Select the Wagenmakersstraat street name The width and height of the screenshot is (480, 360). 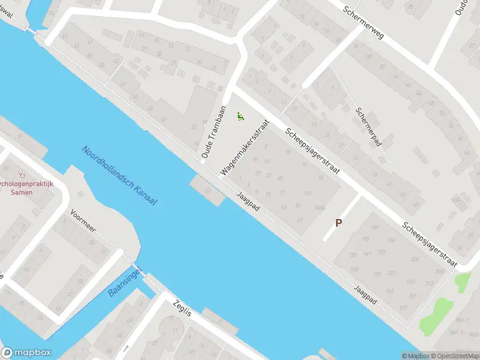tap(244, 147)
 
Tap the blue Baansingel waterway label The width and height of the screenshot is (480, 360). tap(124, 283)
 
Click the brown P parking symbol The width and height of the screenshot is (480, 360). tap(338, 223)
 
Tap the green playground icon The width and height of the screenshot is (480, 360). tap(241, 116)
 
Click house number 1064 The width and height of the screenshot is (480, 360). tap(319, 208)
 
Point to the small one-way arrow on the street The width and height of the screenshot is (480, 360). tap(125, 348)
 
